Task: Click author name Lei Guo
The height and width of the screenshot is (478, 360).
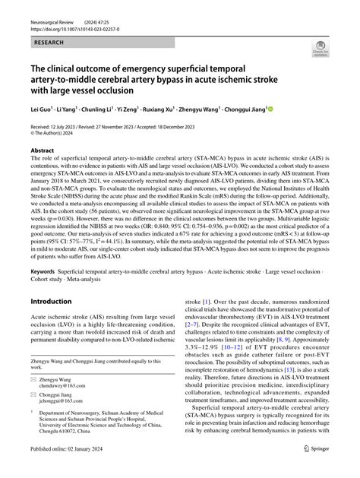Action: point(41,109)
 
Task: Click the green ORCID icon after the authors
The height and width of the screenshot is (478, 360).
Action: point(271,109)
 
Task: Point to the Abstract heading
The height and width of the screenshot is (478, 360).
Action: point(43,150)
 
